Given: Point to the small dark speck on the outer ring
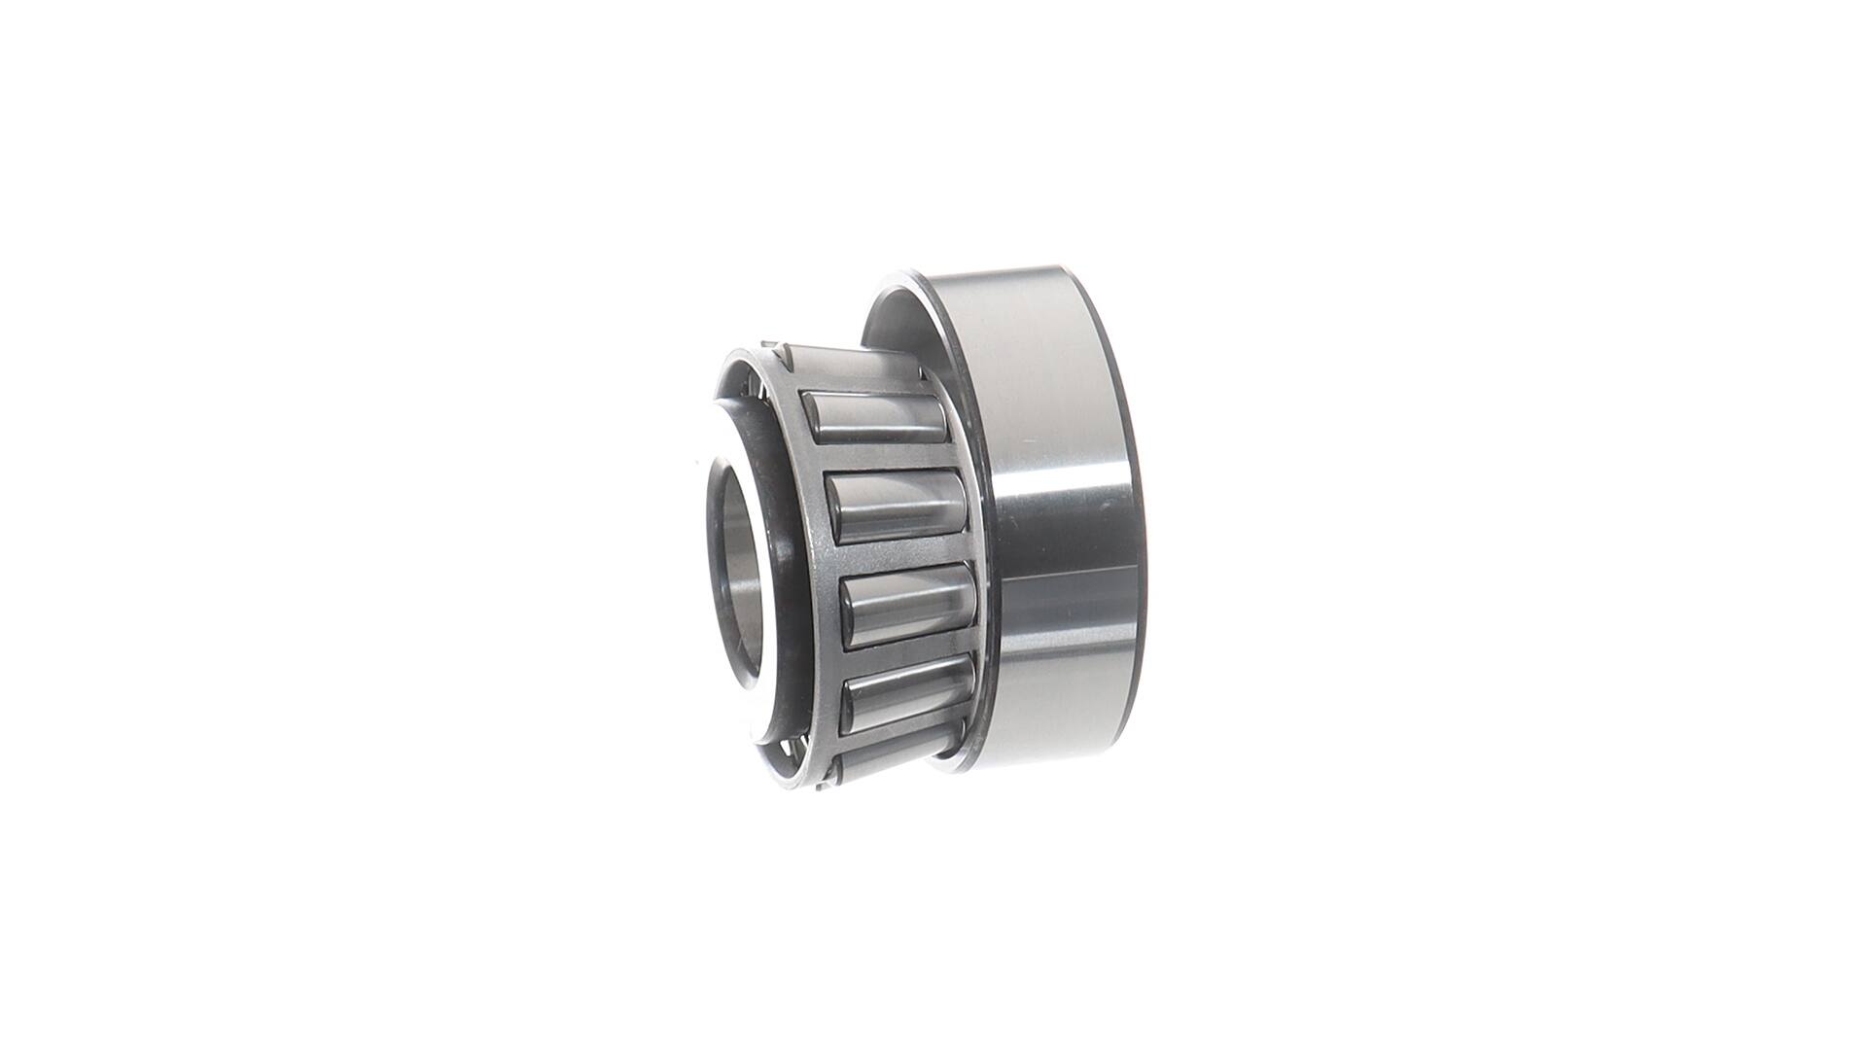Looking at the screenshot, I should [1102, 507].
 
